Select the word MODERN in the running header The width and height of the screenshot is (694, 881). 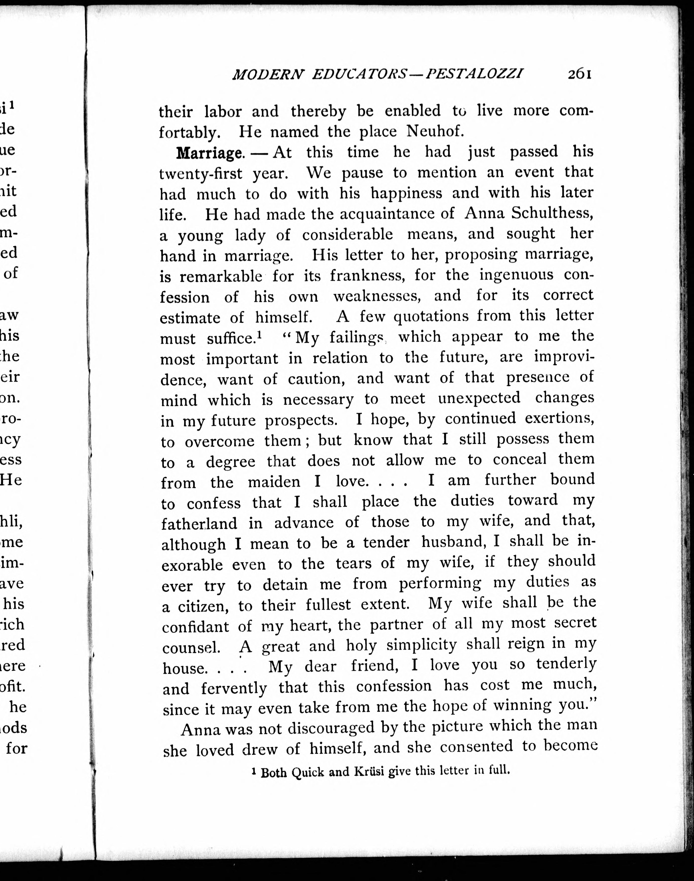click(x=268, y=74)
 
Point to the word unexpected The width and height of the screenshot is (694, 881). click(x=479, y=398)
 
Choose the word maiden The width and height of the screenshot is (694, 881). click(x=274, y=482)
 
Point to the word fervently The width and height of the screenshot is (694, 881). click(x=234, y=688)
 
